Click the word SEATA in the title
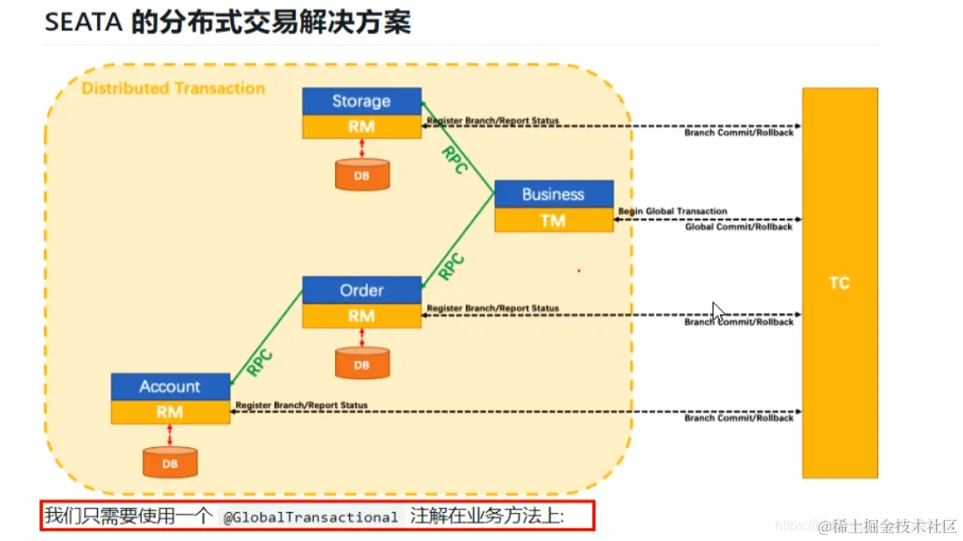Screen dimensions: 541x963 [83, 22]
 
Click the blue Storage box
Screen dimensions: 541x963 [361, 101]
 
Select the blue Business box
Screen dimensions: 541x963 [553, 193]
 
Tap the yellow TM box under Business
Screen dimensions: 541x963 [553, 221]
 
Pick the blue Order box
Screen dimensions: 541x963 [361, 290]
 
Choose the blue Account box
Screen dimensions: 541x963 [170, 386]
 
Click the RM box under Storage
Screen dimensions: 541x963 [361, 127]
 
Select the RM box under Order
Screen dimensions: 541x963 [361, 316]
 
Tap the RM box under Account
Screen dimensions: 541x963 [170, 411]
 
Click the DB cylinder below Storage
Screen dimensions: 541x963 [361, 175]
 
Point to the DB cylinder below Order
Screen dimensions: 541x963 [361, 364]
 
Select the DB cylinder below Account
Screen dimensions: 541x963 [170, 462]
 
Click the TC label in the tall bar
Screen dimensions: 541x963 [839, 284]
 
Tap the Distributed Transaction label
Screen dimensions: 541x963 [173, 88]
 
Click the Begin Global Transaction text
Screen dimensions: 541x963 [672, 211]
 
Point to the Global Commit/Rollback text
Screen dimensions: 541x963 [738, 227]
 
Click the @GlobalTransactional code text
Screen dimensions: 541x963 [311, 517]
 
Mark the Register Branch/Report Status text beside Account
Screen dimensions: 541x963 [302, 405]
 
